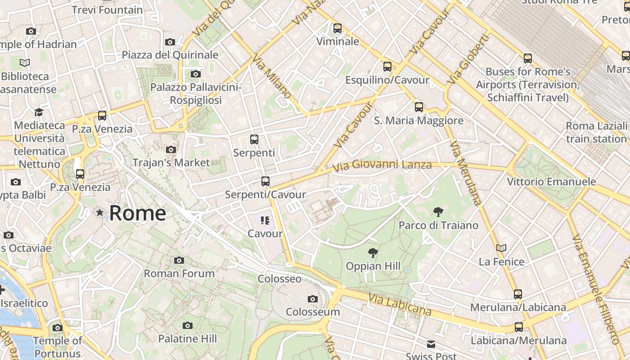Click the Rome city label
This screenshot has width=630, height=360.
tap(137, 213)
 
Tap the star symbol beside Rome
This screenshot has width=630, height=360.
tap(99, 212)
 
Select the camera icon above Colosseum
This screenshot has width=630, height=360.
tap(312, 299)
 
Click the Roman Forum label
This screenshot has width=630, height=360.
tap(179, 273)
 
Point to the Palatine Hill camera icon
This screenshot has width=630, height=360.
tap(188, 325)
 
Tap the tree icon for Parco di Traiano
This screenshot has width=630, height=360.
tap(438, 212)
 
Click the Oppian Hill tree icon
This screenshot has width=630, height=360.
tap(373, 253)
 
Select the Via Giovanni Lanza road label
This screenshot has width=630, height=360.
tap(382, 166)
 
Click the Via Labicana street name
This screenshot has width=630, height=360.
tap(400, 305)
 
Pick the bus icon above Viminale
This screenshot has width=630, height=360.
tap(337, 28)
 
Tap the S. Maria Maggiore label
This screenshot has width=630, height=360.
tap(418, 121)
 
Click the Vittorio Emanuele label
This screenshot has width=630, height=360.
tap(551, 182)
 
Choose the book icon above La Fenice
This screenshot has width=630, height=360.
tap(501, 248)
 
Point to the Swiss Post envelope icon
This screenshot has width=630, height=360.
tap(431, 344)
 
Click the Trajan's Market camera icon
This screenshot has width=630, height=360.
tap(171, 149)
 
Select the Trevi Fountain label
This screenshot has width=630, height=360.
tap(107, 10)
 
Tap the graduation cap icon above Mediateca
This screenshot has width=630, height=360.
tap(39, 112)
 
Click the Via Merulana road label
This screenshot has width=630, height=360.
tap(465, 173)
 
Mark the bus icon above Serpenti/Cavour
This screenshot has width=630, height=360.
tap(265, 181)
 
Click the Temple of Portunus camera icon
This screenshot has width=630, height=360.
tap(58, 328)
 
